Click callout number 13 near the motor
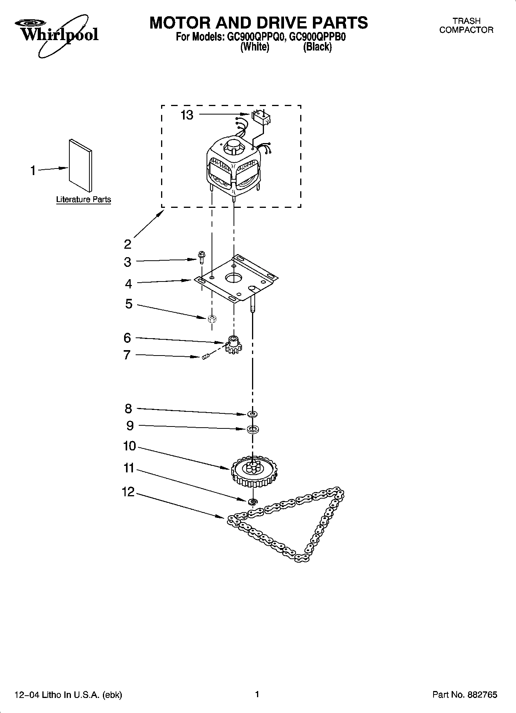187,115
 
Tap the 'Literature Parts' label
84,200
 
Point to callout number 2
128,244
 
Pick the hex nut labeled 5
211,319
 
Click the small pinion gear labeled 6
233,344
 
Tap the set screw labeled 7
206,357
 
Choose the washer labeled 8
252,414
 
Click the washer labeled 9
252,429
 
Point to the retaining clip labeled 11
253,501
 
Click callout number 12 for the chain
128,492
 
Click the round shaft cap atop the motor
233,147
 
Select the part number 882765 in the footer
482,695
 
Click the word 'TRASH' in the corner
466,21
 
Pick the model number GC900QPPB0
318,37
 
